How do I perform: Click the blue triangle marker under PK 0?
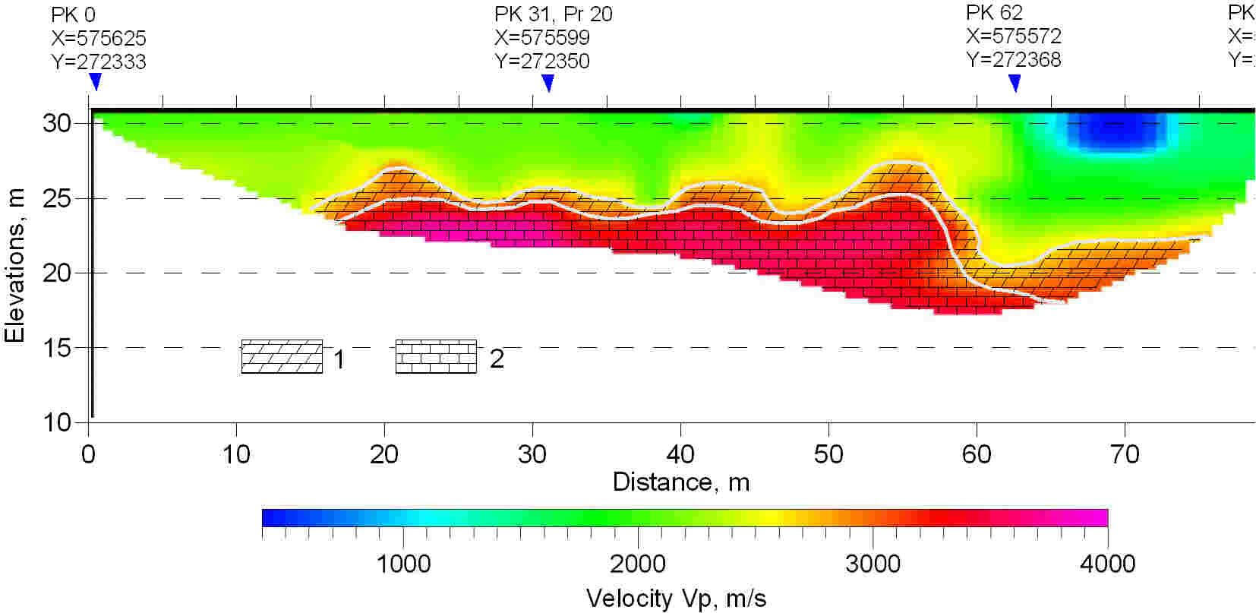(95, 81)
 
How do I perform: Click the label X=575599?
(541, 37)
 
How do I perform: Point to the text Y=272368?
(1013, 59)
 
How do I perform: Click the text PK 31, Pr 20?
(553, 14)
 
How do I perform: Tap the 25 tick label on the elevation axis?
(56, 199)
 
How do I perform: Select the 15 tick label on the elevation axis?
(56, 348)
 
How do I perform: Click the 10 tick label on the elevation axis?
(56, 422)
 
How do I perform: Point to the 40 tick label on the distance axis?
(680, 454)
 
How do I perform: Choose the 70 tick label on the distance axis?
(1124, 454)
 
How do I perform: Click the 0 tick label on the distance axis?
(89, 454)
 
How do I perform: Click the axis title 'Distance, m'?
(680, 482)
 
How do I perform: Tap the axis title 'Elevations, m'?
(15, 266)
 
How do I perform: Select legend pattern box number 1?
(282, 357)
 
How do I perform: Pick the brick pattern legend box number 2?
(436, 357)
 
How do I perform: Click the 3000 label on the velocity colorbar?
(873, 564)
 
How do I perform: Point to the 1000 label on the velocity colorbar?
(402, 564)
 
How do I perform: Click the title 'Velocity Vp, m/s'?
(676, 598)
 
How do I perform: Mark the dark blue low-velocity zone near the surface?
(1116, 133)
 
